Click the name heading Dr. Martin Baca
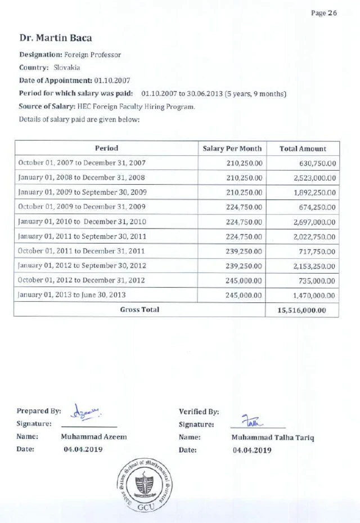click(x=56, y=38)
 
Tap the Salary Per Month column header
click(x=232, y=149)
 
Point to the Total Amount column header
click(x=303, y=149)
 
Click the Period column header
click(x=106, y=149)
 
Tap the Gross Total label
click(x=139, y=310)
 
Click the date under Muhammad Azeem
click(x=83, y=450)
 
